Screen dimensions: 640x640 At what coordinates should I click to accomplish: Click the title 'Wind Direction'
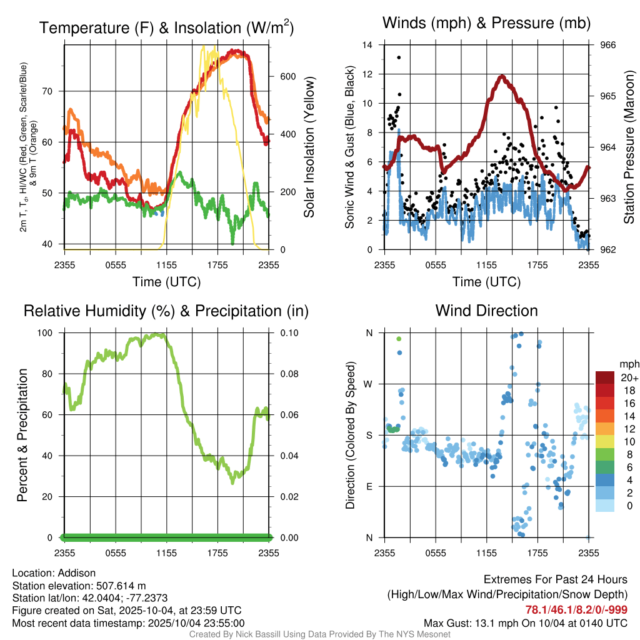click(x=486, y=311)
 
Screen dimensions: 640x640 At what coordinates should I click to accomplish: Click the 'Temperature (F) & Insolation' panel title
click(x=166, y=28)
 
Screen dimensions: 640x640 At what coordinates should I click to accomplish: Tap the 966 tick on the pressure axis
click(x=609, y=45)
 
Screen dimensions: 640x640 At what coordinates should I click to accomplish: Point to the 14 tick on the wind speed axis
click(x=367, y=45)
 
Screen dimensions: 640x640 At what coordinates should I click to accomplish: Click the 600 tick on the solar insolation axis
click(x=287, y=76)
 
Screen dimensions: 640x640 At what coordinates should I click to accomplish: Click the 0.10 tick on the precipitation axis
click(x=289, y=332)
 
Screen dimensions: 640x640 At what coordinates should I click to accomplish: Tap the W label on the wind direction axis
click(x=369, y=384)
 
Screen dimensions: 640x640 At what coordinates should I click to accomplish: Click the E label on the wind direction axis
click(x=369, y=486)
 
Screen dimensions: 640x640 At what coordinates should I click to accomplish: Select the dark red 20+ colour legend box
click(x=606, y=377)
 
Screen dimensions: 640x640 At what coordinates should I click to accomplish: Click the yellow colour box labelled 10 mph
click(x=606, y=441)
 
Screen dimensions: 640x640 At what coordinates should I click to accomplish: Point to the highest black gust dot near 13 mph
click(x=399, y=57)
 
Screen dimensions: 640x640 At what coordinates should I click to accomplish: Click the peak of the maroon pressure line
click(x=502, y=77)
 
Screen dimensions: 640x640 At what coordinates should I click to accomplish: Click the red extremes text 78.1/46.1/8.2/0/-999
click(x=576, y=610)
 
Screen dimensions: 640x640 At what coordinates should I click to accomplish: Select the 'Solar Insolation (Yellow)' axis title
click(x=309, y=147)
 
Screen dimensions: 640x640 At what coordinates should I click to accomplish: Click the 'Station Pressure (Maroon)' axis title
click(x=629, y=147)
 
